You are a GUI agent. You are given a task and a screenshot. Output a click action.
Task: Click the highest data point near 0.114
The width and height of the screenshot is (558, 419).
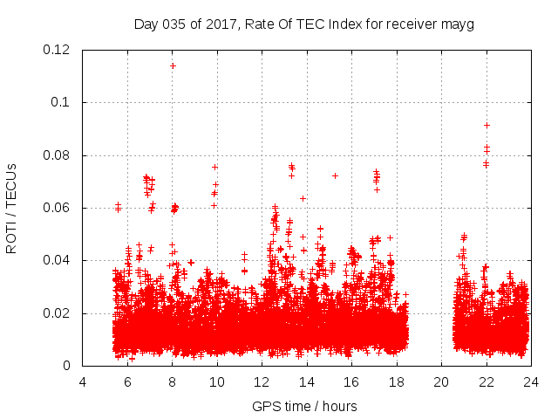173,65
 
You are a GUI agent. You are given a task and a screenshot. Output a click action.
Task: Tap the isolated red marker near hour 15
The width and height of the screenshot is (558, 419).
335,175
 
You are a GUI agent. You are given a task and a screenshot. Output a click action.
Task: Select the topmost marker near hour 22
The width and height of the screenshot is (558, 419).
487,125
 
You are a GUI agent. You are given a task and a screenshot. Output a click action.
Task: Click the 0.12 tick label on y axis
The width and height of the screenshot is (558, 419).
58,50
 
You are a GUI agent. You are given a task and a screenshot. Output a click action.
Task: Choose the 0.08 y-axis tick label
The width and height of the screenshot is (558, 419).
58,155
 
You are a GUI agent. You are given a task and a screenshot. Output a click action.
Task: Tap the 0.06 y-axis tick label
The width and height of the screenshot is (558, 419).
58,208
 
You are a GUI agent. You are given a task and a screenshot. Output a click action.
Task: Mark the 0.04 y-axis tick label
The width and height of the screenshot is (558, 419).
58,260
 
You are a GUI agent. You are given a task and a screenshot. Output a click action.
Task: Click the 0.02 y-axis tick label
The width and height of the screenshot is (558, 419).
58,313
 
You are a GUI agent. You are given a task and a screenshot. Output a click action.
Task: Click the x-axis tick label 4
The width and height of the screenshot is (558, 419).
83,381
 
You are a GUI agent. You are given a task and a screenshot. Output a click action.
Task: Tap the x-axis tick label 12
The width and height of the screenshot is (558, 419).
262,381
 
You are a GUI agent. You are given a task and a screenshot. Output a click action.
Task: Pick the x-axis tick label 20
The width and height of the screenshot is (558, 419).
441,381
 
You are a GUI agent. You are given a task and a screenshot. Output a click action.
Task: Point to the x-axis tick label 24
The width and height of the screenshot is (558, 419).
530,381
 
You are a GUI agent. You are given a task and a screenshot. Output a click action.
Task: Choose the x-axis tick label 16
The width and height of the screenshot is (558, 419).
351,381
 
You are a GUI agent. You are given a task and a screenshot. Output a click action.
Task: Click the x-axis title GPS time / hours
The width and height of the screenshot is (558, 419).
304,406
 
